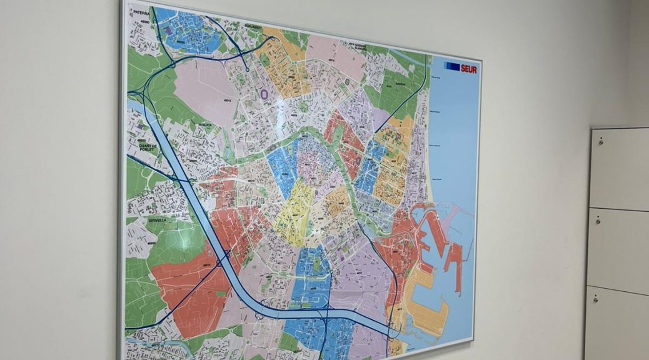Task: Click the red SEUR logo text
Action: coord(469,69)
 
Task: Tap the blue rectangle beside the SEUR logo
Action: coord(452,66)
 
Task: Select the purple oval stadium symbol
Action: coord(264,94)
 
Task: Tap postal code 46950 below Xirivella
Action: coord(151,243)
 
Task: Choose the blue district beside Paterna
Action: coord(191,31)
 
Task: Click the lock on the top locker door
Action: coord(600,142)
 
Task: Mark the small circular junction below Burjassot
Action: coord(246,69)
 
